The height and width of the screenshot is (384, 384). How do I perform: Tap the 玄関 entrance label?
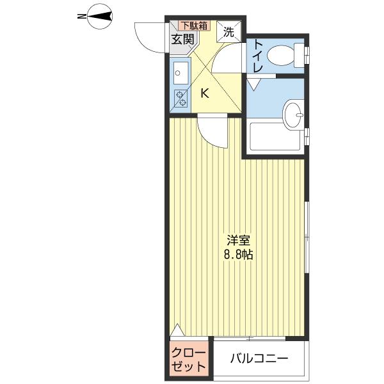click(182, 39)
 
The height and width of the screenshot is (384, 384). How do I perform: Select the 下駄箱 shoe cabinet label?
click(193, 26)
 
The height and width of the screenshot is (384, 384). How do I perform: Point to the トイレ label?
click(259, 54)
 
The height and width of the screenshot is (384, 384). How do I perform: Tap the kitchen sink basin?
click(179, 72)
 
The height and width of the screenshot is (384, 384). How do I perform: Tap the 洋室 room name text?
click(237, 241)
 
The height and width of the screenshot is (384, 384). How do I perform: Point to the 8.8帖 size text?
click(237, 254)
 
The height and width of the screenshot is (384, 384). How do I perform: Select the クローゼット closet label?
click(189, 360)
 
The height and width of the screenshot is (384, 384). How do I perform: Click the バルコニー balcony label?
click(259, 359)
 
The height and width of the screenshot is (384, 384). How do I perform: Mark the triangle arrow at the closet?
click(178, 332)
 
